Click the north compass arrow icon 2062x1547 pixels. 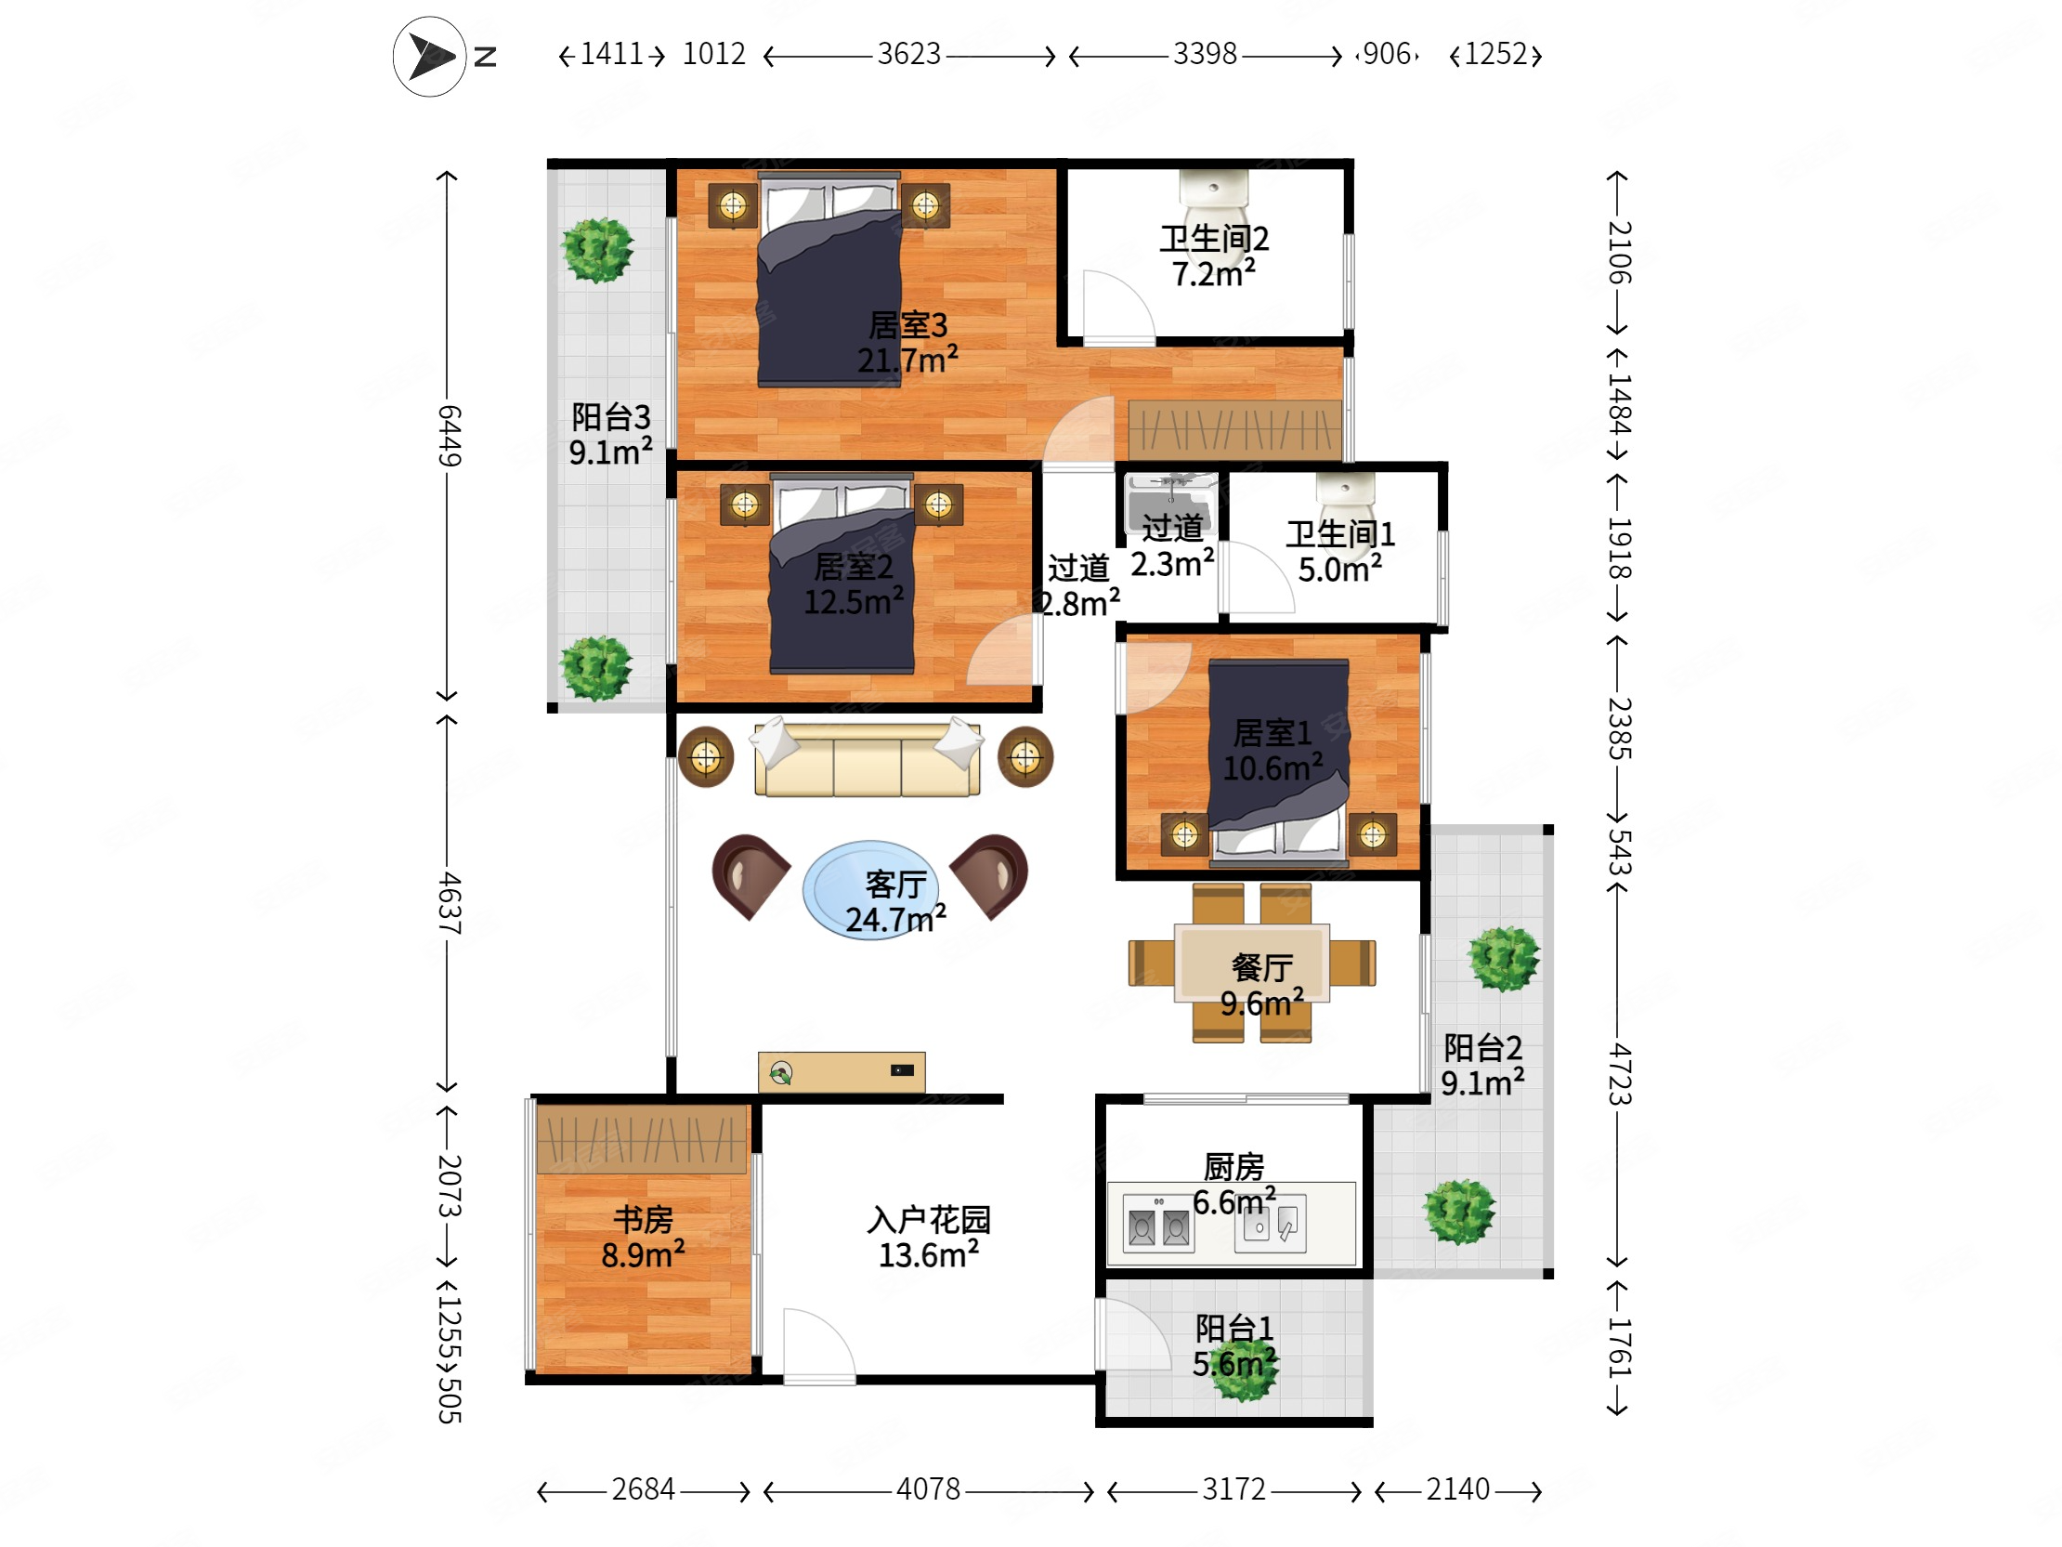(430, 56)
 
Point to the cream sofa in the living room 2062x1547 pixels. (867, 757)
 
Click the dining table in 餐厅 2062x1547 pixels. (1252, 963)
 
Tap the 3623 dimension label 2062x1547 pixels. (909, 54)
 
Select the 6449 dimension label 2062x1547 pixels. (450, 436)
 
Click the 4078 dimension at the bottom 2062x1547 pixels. (929, 1489)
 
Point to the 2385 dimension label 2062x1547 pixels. (1619, 728)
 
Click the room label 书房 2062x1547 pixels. (643, 1220)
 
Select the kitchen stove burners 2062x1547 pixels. (1158, 1224)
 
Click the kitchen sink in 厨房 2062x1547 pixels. (1270, 1224)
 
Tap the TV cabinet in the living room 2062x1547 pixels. (842, 1072)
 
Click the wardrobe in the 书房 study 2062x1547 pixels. (641, 1138)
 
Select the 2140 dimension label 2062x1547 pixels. (1458, 1489)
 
